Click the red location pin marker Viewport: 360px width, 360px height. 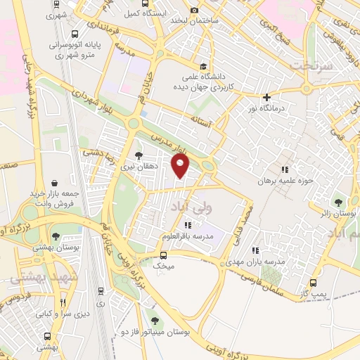[x=181, y=166]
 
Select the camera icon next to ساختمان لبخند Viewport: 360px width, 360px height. [x=174, y=20]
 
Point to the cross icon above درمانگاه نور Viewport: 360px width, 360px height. [x=266, y=98]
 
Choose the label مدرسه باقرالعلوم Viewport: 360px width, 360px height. [x=187, y=236]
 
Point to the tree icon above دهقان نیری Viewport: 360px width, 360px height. [x=139, y=155]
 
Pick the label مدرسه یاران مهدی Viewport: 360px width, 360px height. [x=261, y=262]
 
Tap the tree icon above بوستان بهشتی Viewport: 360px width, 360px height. [x=56, y=237]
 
